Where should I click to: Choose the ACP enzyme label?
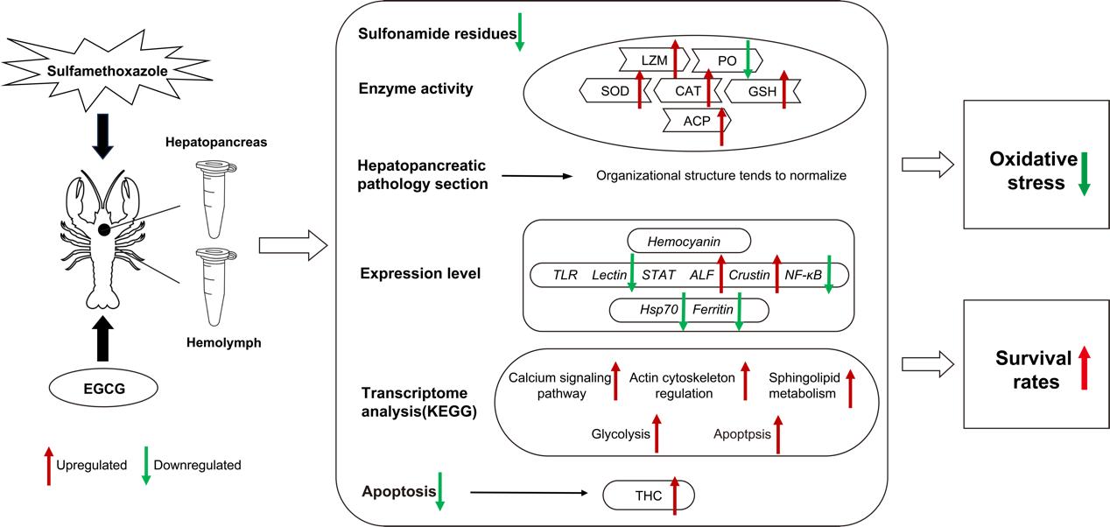coord(696,122)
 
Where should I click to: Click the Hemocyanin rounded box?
coord(688,241)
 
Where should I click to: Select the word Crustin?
coord(749,275)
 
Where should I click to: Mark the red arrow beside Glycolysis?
coord(657,432)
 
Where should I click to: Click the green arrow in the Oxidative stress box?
coord(1084,172)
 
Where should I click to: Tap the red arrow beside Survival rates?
coord(1084,368)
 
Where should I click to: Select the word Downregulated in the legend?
coord(196,465)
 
